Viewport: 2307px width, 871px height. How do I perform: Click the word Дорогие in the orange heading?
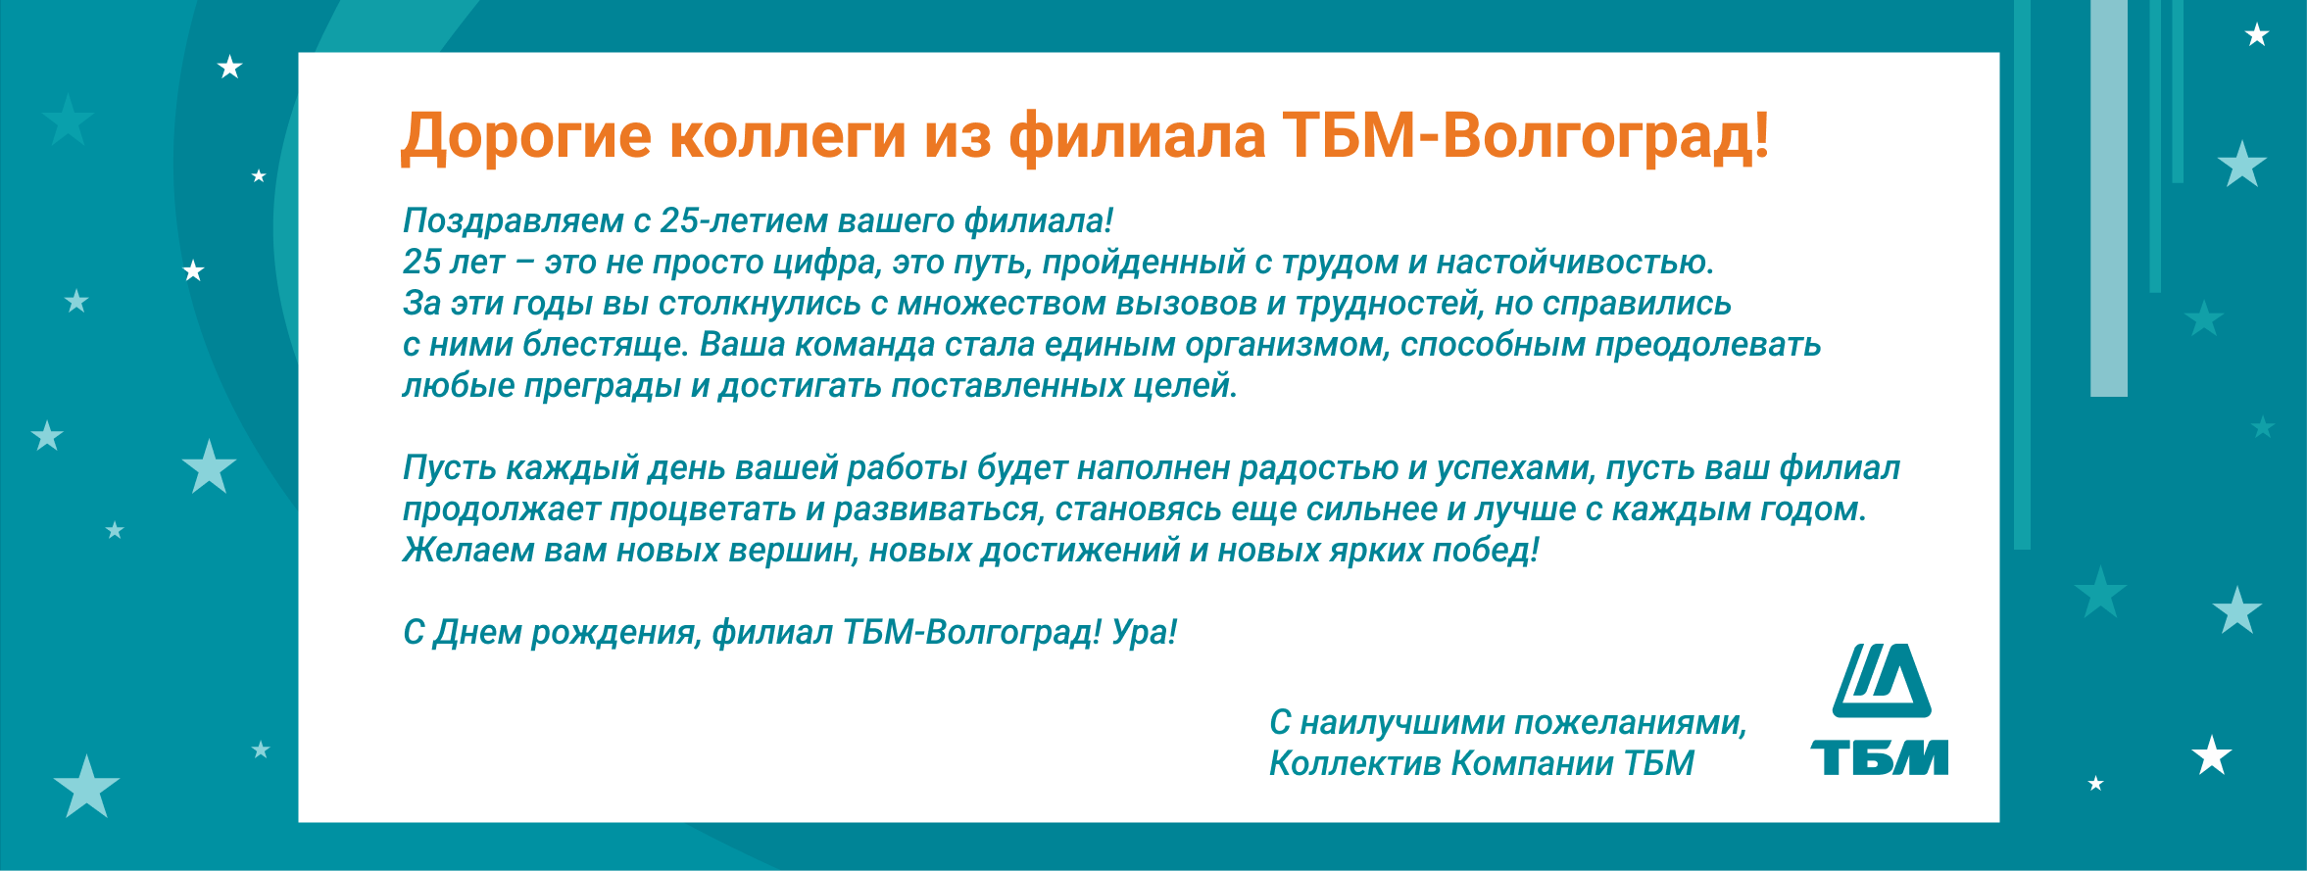526,137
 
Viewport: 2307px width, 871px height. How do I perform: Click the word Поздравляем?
514,221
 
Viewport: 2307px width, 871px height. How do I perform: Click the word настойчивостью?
1575,263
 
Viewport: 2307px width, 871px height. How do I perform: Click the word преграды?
602,386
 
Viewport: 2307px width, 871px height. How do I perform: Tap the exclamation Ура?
1145,633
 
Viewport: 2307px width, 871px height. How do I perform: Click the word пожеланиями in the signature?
1631,723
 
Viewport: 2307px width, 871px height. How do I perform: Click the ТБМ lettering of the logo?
1879,757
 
